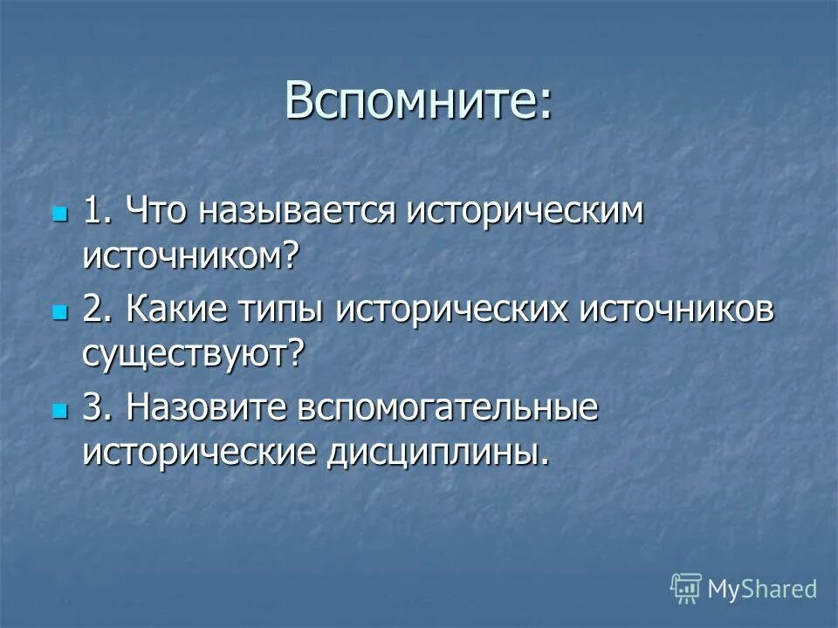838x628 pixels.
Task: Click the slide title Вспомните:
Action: click(x=418, y=103)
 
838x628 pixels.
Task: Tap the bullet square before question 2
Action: click(x=59, y=311)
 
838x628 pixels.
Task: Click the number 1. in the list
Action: click(x=98, y=213)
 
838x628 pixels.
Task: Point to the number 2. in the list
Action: click(x=98, y=311)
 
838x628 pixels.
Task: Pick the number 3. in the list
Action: click(x=98, y=409)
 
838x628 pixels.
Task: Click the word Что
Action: click(x=158, y=213)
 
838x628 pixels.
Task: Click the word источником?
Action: click(x=191, y=256)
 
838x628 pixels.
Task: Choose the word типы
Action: click(x=288, y=312)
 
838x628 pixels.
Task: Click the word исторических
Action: click(x=454, y=311)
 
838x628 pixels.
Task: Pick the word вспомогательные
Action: click(x=449, y=410)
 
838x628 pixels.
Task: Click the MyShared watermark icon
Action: click(x=686, y=588)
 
